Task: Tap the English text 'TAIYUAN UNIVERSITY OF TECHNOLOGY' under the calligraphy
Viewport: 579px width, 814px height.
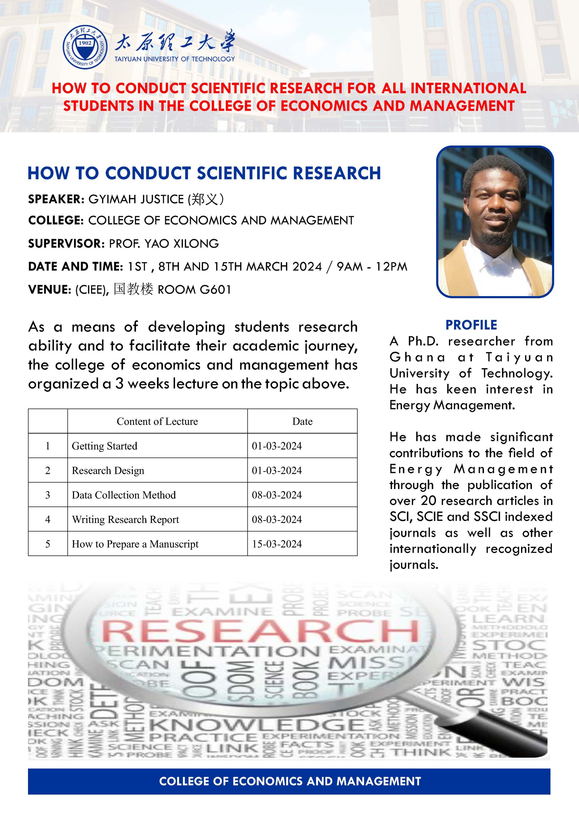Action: [x=174, y=59]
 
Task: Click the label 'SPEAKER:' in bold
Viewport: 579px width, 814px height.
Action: [x=56, y=199]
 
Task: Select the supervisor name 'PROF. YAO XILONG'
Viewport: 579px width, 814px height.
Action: [x=164, y=244]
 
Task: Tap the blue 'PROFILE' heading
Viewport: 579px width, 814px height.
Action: [x=471, y=325]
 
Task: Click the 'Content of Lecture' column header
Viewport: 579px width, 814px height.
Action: [x=157, y=422]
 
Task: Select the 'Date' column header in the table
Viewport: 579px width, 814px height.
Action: [x=302, y=422]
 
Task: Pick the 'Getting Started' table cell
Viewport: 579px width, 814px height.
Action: [x=104, y=446]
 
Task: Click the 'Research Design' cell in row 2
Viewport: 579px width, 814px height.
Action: [x=108, y=471]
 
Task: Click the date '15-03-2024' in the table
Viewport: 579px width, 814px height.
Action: [x=277, y=544]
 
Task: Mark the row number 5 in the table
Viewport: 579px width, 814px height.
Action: [x=48, y=544]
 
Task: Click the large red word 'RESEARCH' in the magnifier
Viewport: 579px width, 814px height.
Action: [x=260, y=631]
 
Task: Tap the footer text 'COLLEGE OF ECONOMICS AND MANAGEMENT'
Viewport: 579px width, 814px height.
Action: [x=289, y=781]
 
